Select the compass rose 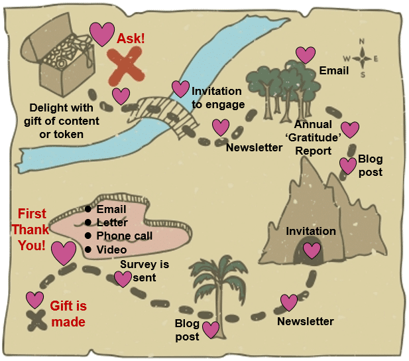(x=363, y=58)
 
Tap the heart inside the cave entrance (x=312, y=251)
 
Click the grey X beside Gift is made (x=34, y=318)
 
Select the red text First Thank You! (x=32, y=230)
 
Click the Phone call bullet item (x=123, y=236)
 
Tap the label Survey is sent (x=144, y=271)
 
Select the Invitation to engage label (x=217, y=98)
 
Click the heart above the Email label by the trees (x=306, y=55)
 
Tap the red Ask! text (x=131, y=38)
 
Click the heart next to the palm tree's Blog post (x=211, y=329)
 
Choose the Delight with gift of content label (x=64, y=120)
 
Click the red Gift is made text (x=68, y=315)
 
